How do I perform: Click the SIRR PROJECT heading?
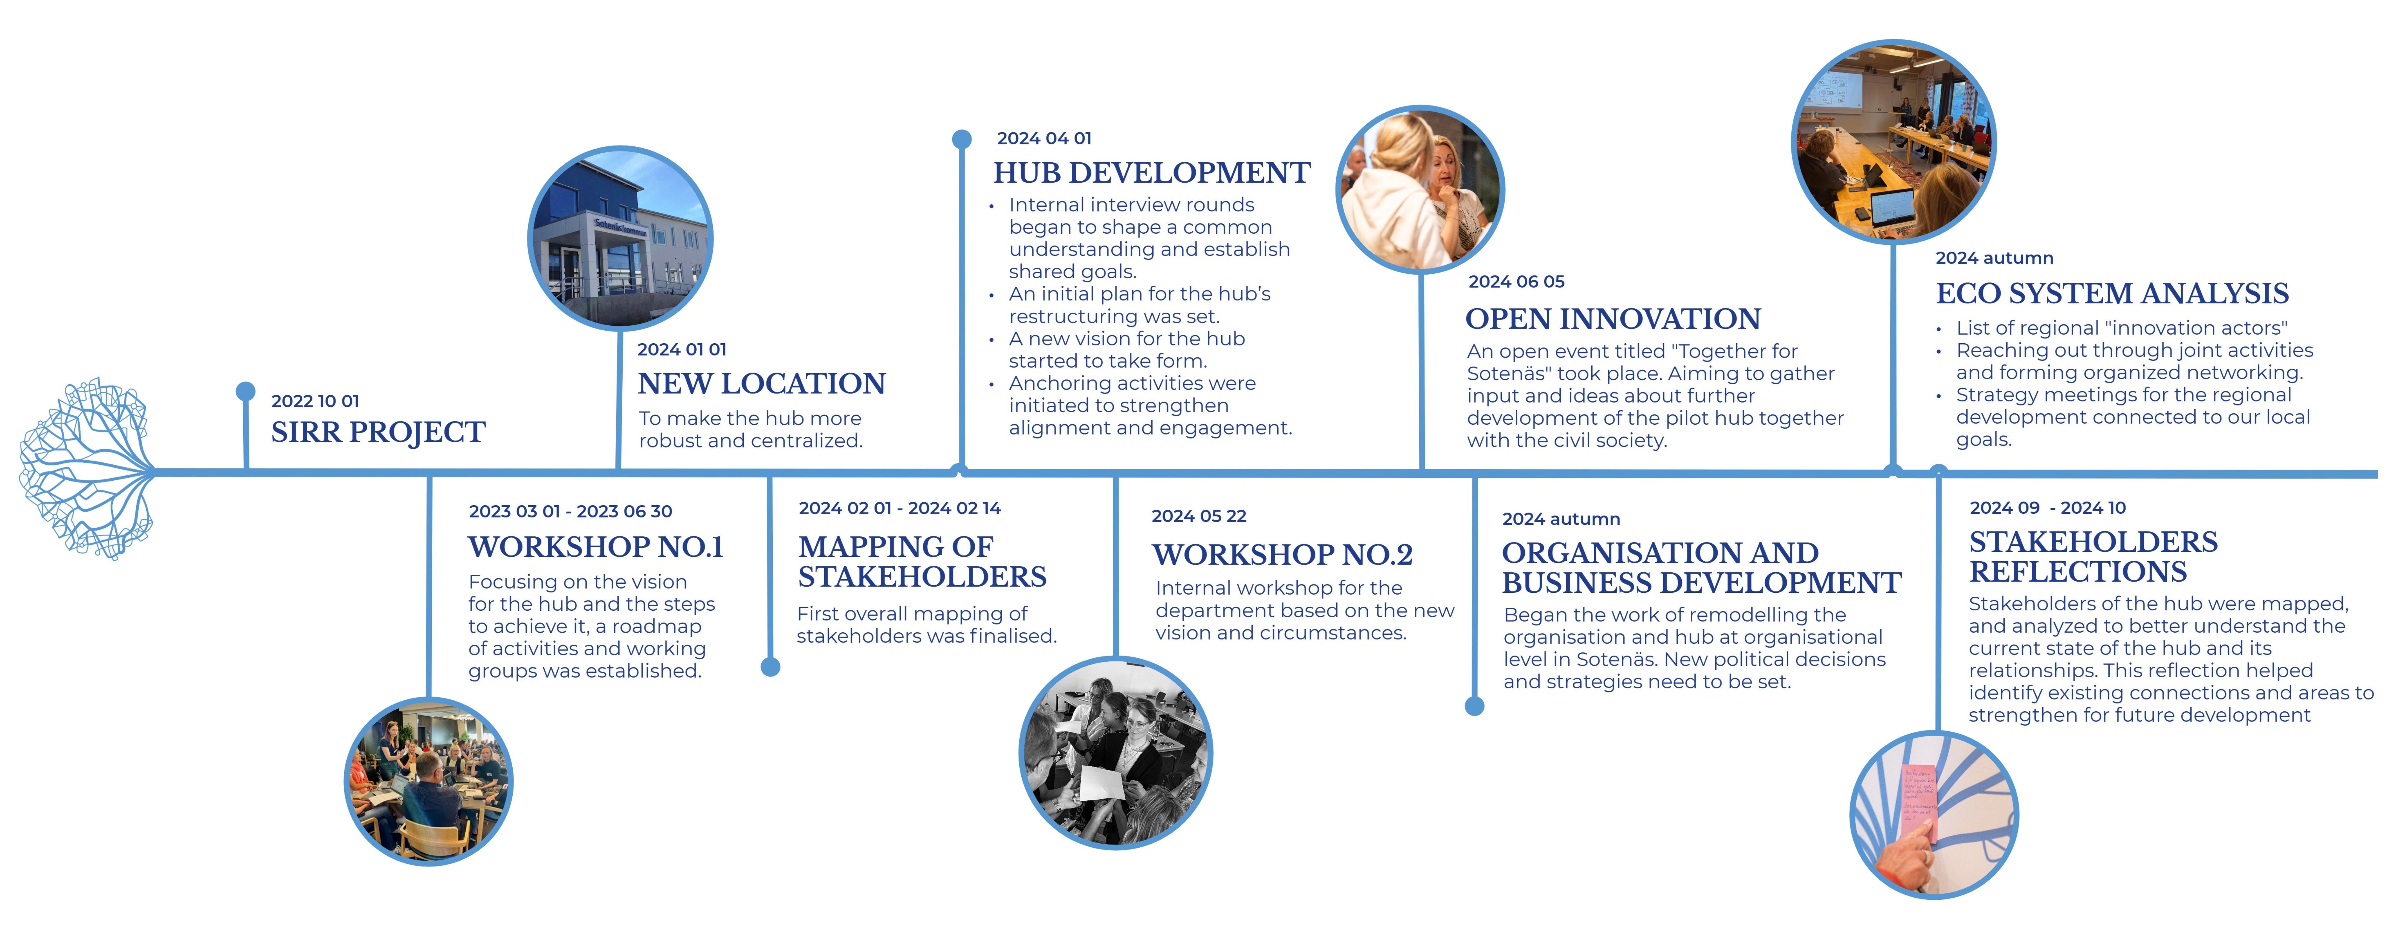click(x=378, y=433)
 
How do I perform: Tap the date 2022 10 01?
click(x=315, y=401)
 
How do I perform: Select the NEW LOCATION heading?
click(x=761, y=383)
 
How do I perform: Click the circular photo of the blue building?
click(x=620, y=238)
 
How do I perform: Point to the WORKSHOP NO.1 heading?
click(x=596, y=547)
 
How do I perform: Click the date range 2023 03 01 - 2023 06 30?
click(x=570, y=511)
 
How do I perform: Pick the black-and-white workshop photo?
click(x=1116, y=753)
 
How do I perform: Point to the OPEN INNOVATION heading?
click(x=1613, y=319)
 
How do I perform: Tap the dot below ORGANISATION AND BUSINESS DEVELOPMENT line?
click(x=1475, y=706)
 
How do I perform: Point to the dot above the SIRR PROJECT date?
click(x=246, y=391)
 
